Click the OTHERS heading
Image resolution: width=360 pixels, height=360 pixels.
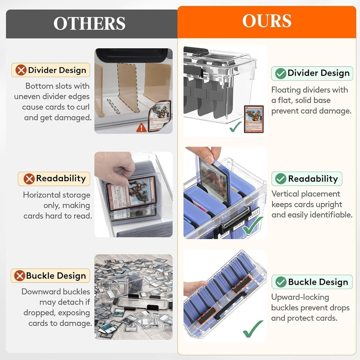89,23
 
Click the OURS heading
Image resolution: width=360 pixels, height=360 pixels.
267,21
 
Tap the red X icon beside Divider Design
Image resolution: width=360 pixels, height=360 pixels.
21,70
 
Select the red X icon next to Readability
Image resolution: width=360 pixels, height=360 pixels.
29,179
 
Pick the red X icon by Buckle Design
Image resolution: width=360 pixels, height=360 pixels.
19,275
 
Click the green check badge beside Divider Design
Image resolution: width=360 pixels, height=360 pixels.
280,73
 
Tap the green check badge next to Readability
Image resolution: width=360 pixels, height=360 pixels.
280,179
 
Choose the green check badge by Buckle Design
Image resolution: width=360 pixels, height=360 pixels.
281,282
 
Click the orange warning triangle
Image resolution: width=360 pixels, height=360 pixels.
141,128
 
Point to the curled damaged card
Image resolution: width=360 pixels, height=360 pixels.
160,116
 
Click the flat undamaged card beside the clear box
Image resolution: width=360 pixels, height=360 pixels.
254,119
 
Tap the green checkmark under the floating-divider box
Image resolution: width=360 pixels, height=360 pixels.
235,127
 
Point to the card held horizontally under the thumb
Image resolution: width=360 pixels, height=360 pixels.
131,193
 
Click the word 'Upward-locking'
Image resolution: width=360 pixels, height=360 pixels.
300,297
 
